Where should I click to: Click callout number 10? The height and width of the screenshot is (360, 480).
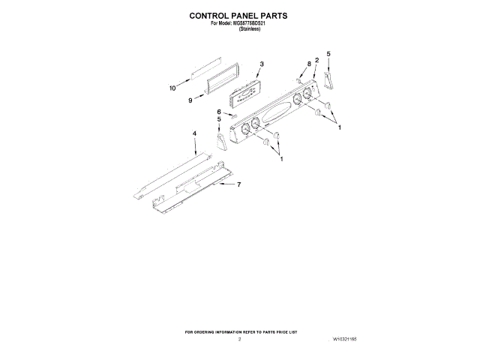172,88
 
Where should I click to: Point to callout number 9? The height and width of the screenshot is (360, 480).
191,100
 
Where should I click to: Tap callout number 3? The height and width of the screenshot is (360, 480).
262,64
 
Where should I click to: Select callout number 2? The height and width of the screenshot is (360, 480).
317,60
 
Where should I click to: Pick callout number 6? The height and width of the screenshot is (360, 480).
219,112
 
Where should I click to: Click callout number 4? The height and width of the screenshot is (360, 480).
194,133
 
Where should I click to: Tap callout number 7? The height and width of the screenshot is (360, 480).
238,184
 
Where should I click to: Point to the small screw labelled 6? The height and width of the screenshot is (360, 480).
232,117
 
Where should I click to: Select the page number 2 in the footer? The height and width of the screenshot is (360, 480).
239,340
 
